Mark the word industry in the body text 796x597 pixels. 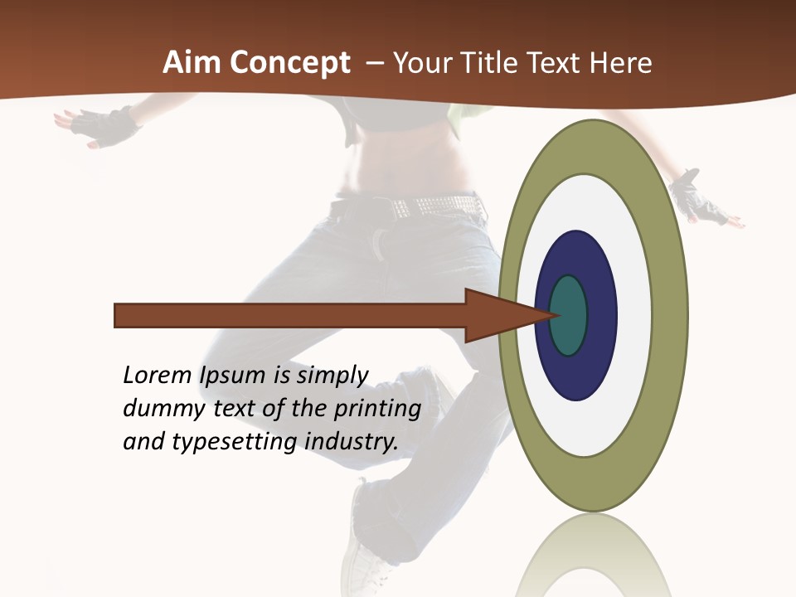[351, 442]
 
